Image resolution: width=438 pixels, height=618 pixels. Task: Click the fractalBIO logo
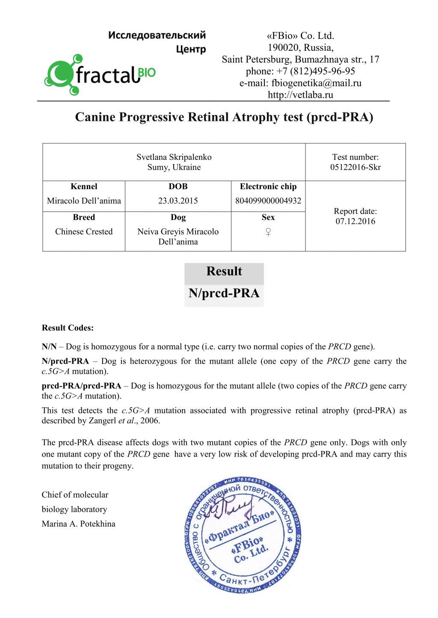pos(100,74)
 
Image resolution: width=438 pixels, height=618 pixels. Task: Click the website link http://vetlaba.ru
pos(300,95)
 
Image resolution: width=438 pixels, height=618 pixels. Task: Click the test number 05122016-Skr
pos(355,167)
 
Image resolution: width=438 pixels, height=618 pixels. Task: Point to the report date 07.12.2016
pos(355,221)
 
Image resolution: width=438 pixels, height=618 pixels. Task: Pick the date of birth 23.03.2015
pos(178,201)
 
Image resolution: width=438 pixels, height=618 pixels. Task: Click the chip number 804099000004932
pos(268,201)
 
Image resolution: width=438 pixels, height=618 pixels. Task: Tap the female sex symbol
pos(268,232)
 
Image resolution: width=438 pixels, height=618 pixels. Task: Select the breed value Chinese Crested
pos(84,231)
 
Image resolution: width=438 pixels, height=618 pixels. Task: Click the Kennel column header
pos(84,186)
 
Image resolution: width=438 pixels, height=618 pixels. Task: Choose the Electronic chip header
pos(268,186)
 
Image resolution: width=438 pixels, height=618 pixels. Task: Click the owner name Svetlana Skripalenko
pos(174,157)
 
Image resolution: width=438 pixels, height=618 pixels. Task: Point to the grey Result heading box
pos(224,272)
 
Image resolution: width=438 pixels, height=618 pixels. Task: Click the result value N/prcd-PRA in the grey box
pos(224,293)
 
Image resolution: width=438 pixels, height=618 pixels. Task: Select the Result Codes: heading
pos(68,328)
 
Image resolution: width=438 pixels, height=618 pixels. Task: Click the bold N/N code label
pos(49,347)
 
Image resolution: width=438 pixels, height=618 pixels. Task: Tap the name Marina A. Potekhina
pos(78,524)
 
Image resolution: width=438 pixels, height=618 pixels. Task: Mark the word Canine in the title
pos(95,117)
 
